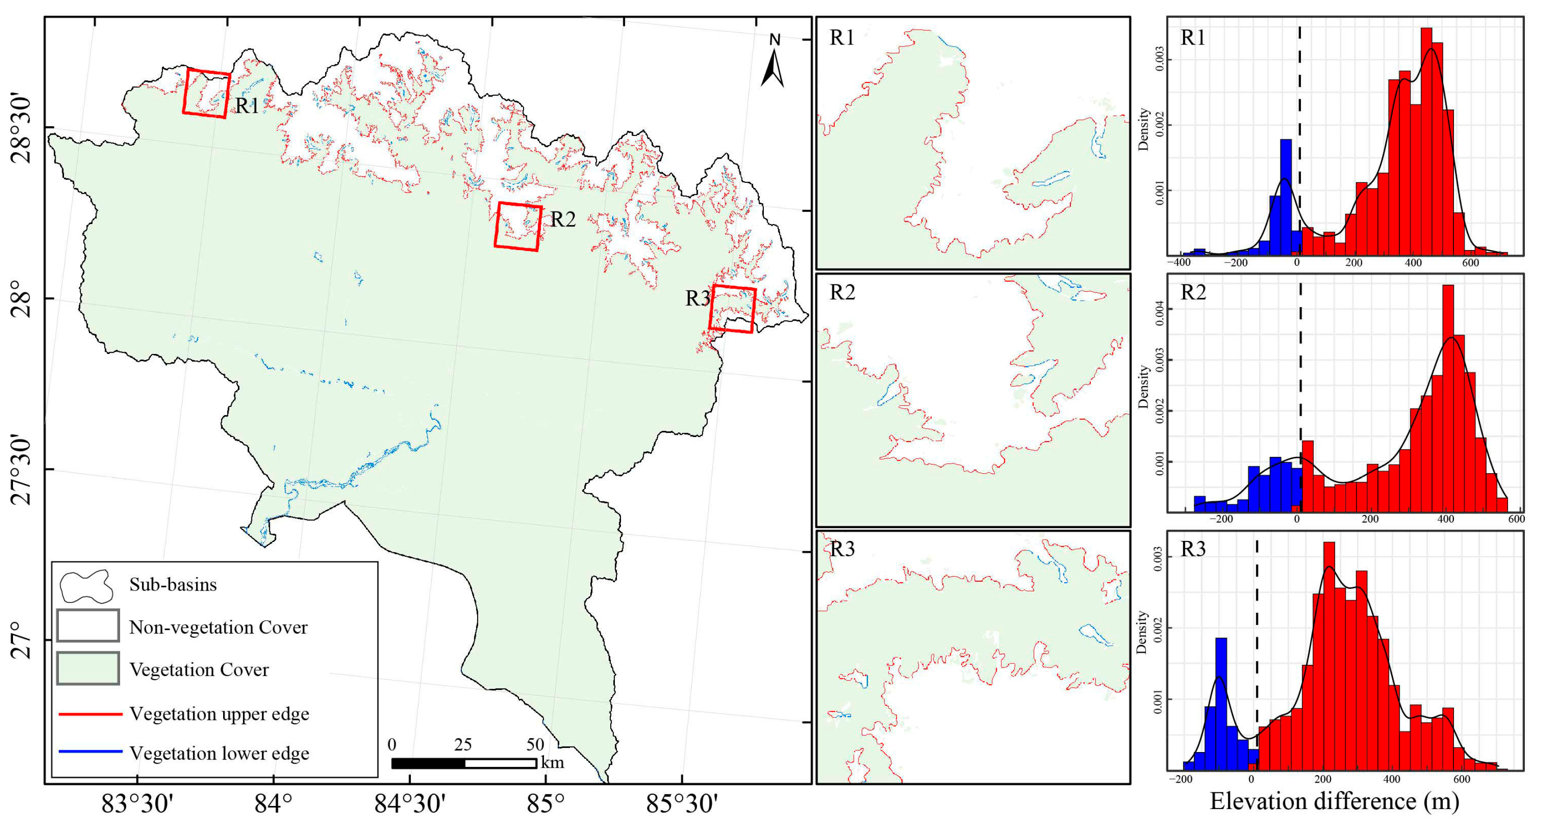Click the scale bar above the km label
464,763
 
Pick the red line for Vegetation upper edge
90,714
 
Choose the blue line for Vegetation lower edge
90,752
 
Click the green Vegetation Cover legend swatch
88,669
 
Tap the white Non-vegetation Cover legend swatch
88,625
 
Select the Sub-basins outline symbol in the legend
87,586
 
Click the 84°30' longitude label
410,803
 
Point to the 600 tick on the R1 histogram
1470,263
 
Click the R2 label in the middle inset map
842,292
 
